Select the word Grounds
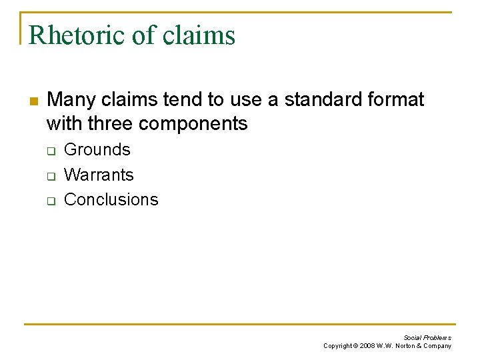[x=97, y=150]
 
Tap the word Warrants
[x=99, y=175]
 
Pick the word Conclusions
[x=111, y=199]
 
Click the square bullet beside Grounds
[x=49, y=151]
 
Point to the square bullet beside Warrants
[x=49, y=175]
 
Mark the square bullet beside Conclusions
[x=49, y=200]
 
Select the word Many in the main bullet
[x=71, y=100]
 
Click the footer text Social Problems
[x=427, y=338]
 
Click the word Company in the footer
[x=437, y=346]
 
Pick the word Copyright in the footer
[x=337, y=346]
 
